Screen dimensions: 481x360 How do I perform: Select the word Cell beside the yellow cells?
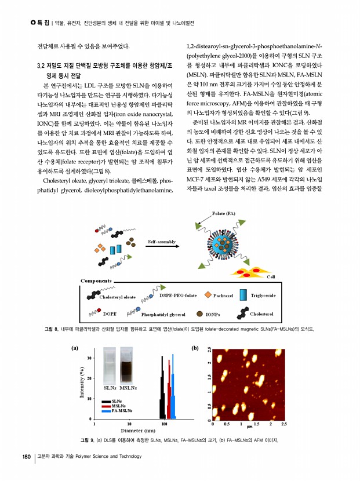tap(270, 276)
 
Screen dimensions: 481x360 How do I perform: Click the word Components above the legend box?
tap(96, 280)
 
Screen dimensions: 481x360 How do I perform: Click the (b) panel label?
tap(195, 348)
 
